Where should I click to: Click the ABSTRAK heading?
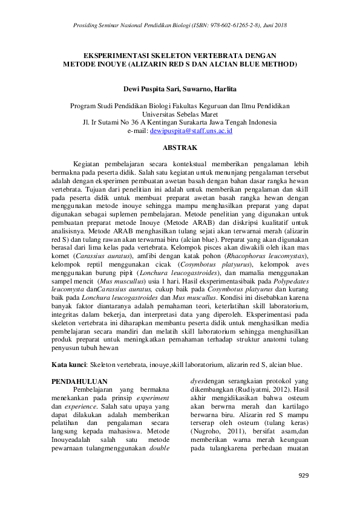point(180,147)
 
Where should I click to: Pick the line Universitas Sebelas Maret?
point(180,113)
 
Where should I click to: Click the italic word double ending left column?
point(160,449)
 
